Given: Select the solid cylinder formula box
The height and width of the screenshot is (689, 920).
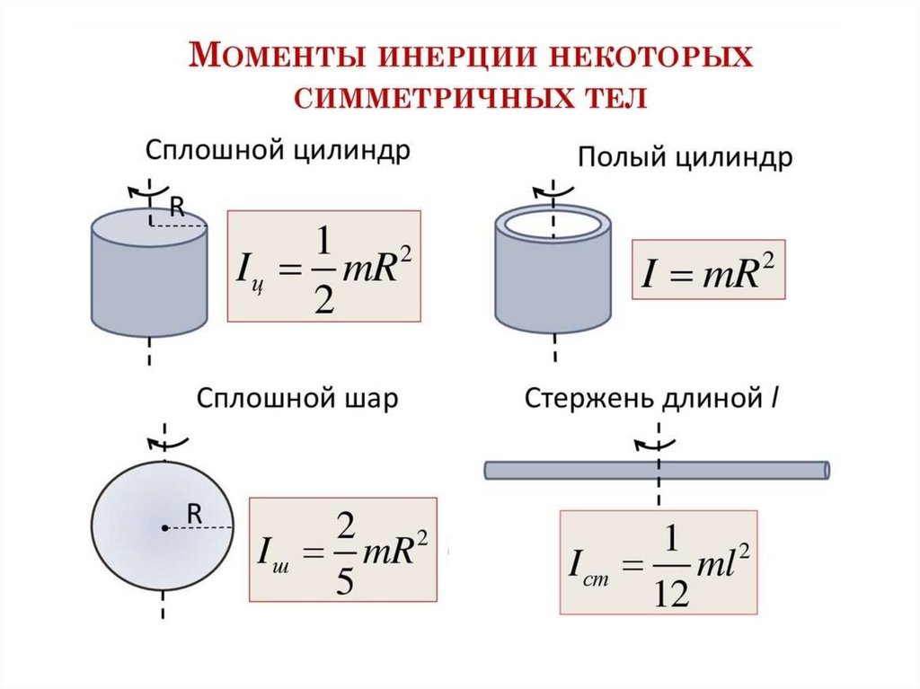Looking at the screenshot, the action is click(x=324, y=266).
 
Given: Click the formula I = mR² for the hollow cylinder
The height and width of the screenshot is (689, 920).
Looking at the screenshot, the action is click(x=710, y=269).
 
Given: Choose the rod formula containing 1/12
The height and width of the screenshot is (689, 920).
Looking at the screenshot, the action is click(x=659, y=564).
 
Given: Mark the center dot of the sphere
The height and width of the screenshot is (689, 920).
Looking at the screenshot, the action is click(x=164, y=528).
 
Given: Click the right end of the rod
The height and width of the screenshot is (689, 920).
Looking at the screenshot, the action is click(x=825, y=470).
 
